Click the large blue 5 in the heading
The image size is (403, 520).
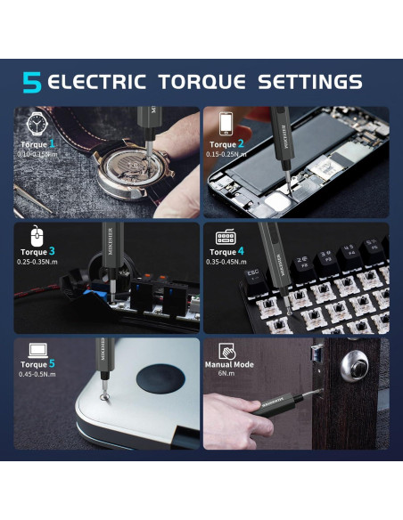32,82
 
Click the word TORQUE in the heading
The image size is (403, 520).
201,83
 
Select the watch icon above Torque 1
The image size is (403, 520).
37,124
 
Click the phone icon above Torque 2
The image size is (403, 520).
225,124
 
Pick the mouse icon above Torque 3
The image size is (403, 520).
37,237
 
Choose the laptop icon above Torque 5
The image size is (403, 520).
37,350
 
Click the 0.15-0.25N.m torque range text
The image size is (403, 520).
228,153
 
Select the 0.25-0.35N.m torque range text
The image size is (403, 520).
40,263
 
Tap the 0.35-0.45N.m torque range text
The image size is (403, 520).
228,263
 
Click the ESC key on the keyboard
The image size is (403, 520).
252,272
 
